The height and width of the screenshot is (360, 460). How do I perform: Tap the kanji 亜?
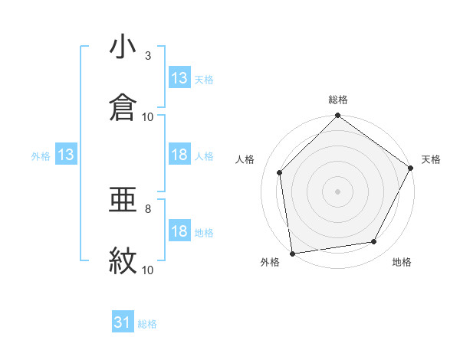click(x=123, y=201)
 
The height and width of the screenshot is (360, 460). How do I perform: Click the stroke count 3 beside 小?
click(x=148, y=56)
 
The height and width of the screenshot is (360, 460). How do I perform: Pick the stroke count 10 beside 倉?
click(x=148, y=117)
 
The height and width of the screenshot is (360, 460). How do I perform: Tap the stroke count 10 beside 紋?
click(x=148, y=270)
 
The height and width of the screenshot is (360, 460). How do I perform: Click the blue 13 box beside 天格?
click(x=179, y=78)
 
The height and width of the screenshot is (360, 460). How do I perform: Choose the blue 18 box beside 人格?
click(x=179, y=155)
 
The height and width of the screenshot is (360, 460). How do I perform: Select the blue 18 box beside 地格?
click(x=179, y=232)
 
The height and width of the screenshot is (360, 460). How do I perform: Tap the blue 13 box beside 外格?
click(x=66, y=155)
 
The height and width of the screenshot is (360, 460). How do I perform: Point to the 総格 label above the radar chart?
click(x=338, y=100)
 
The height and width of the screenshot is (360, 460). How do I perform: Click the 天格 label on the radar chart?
click(x=431, y=159)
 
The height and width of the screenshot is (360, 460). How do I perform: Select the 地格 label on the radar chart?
click(x=402, y=263)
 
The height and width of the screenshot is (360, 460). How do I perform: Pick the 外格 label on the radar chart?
click(x=270, y=263)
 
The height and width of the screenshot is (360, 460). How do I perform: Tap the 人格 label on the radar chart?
click(x=245, y=159)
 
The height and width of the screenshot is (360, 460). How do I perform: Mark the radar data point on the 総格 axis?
click(x=338, y=116)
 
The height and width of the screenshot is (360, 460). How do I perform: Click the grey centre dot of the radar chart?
click(x=338, y=191)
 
